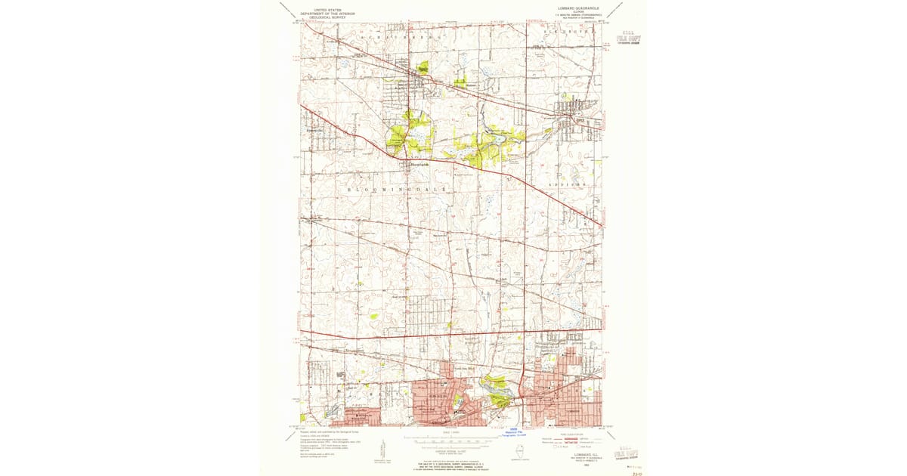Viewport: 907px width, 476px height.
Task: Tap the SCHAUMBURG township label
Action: point(385,36)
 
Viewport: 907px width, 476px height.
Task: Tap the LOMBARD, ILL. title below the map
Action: point(577,453)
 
